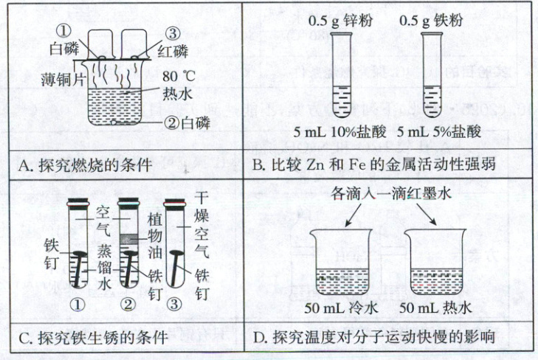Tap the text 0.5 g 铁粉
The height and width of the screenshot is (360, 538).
pos(431,21)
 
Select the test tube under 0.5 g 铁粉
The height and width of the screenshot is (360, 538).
pos(431,75)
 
